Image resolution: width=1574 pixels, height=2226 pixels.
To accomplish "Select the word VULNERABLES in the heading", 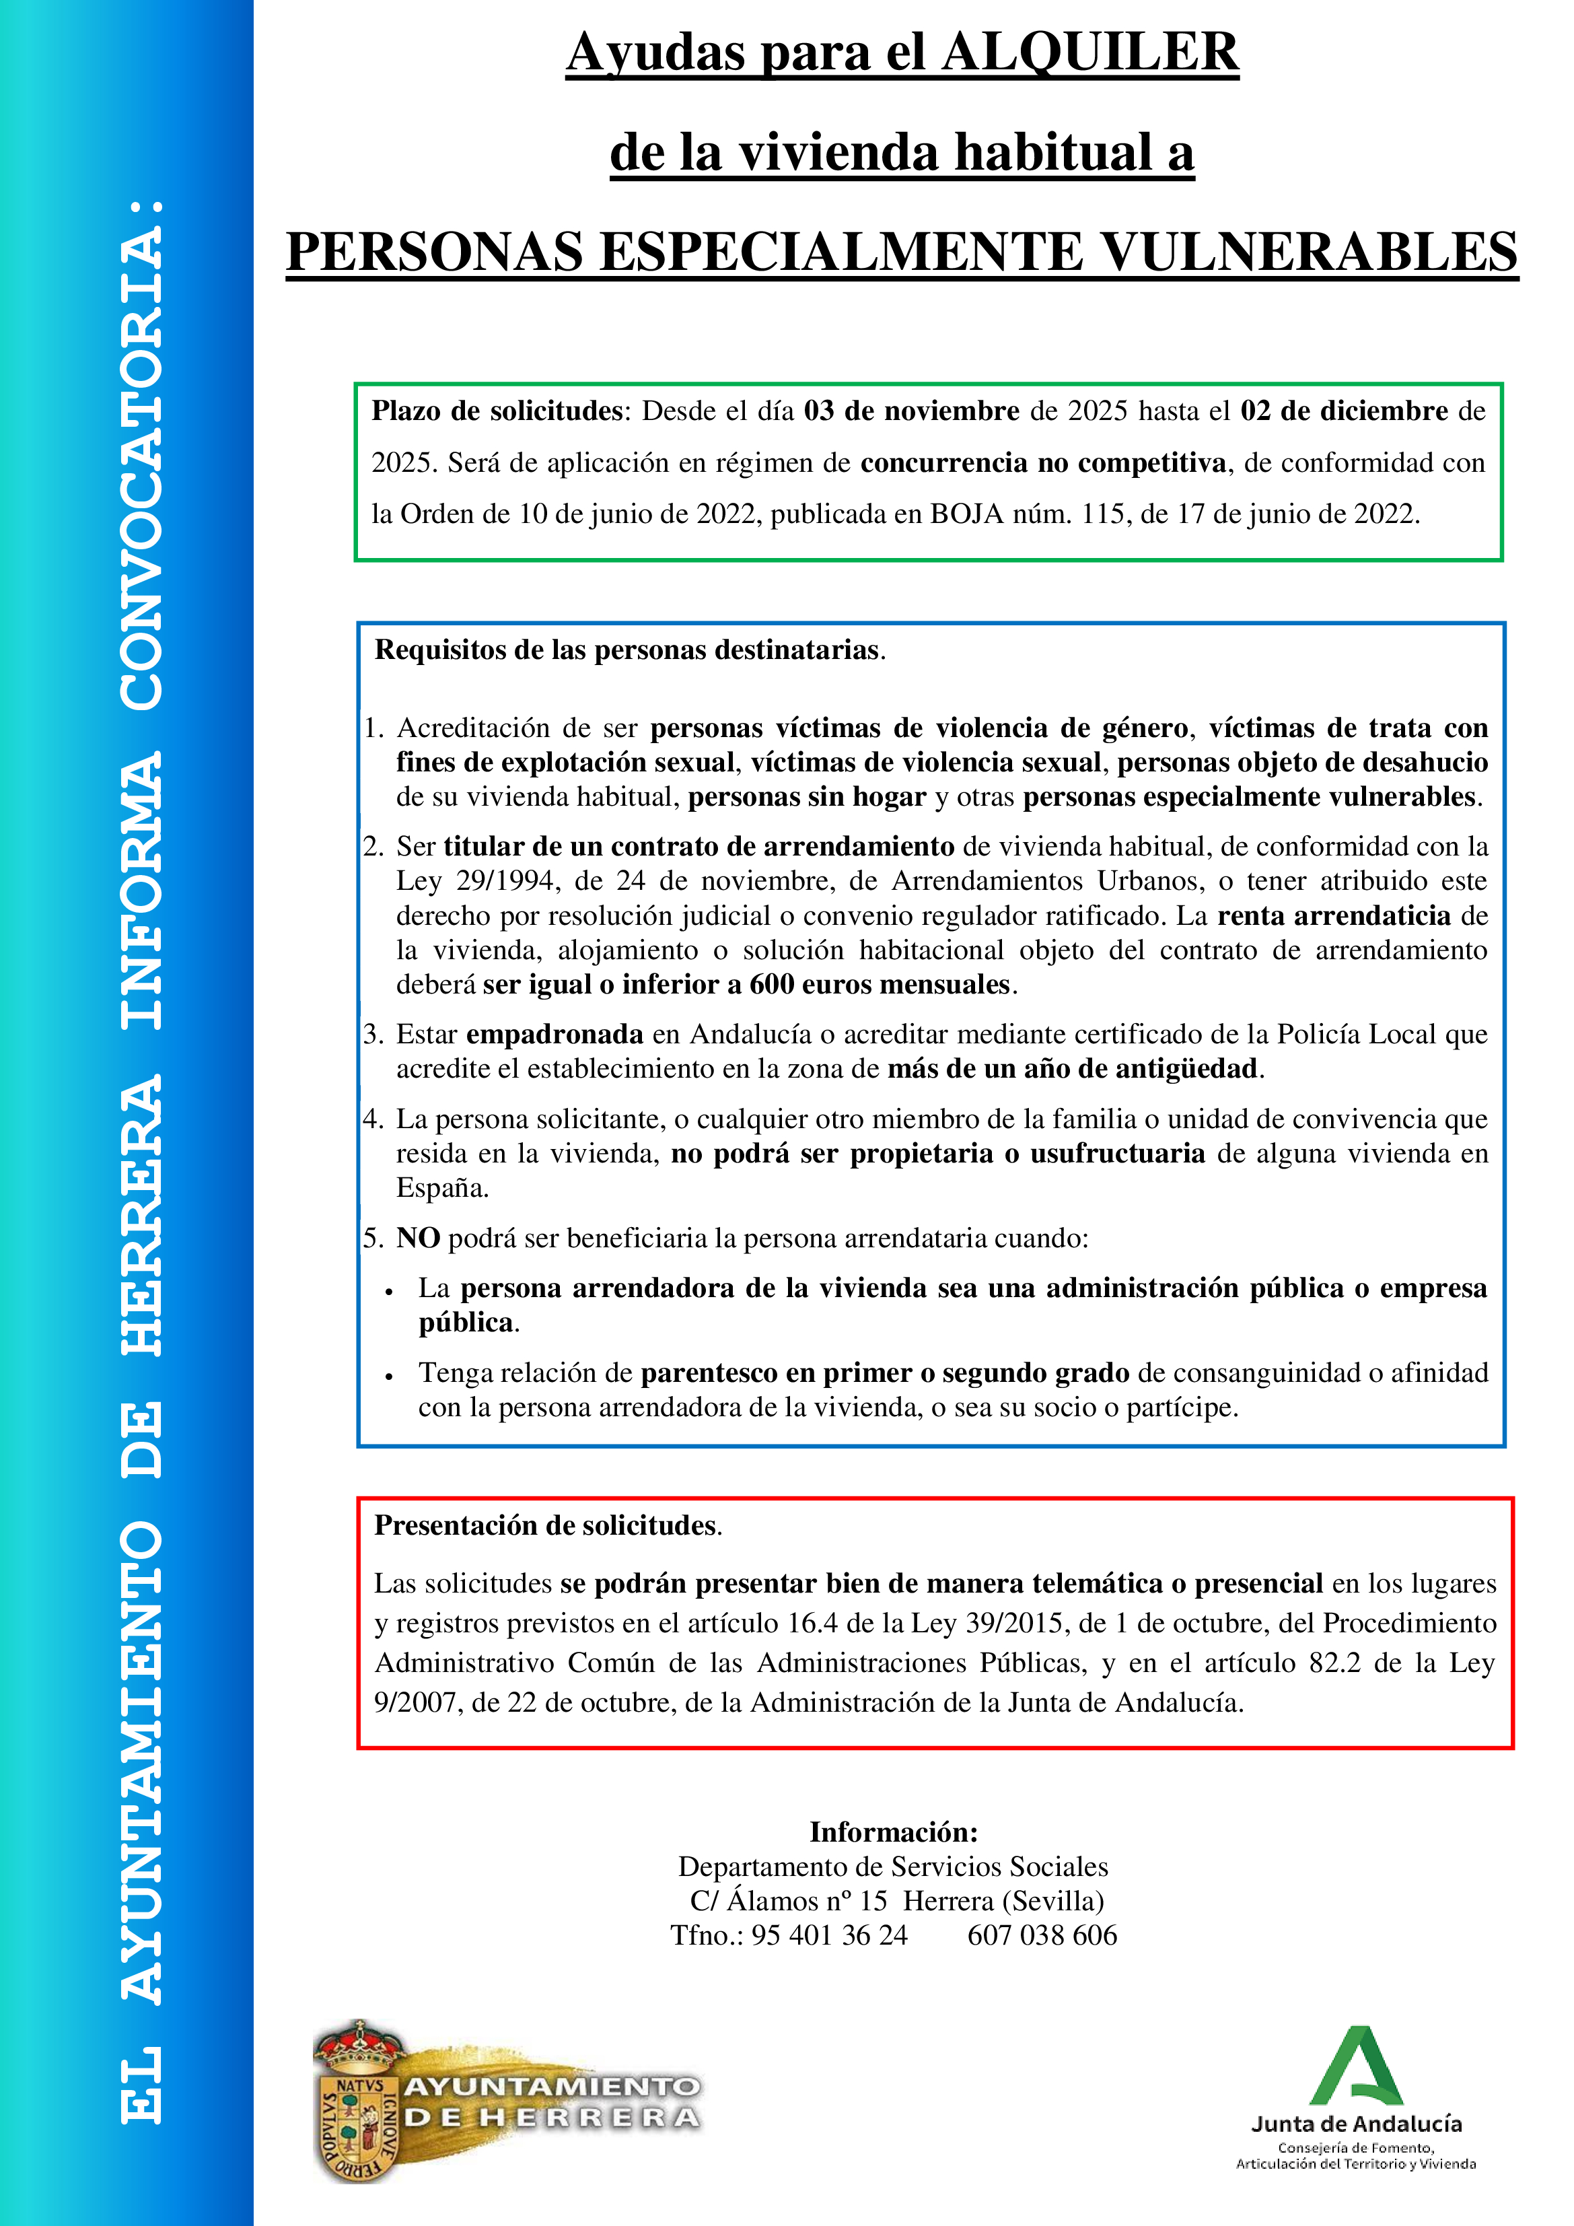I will pyautogui.click(x=1310, y=252).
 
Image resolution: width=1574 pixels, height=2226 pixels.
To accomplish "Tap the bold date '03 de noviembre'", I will pyautogui.click(x=911, y=411).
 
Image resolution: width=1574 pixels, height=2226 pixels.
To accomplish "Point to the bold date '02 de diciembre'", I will pyautogui.click(x=1345, y=411).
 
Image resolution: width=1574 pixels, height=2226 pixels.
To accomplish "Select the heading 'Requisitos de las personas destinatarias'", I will pyautogui.click(x=628, y=650).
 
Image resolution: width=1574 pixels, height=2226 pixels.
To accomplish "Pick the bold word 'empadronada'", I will pyautogui.click(x=555, y=1035).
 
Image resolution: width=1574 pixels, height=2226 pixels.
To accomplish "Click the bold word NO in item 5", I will pyautogui.click(x=418, y=1238).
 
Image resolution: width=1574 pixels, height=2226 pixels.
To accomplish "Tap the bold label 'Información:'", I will pyautogui.click(x=894, y=1832).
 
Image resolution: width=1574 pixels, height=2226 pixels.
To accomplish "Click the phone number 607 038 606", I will pyautogui.click(x=1042, y=1935).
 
